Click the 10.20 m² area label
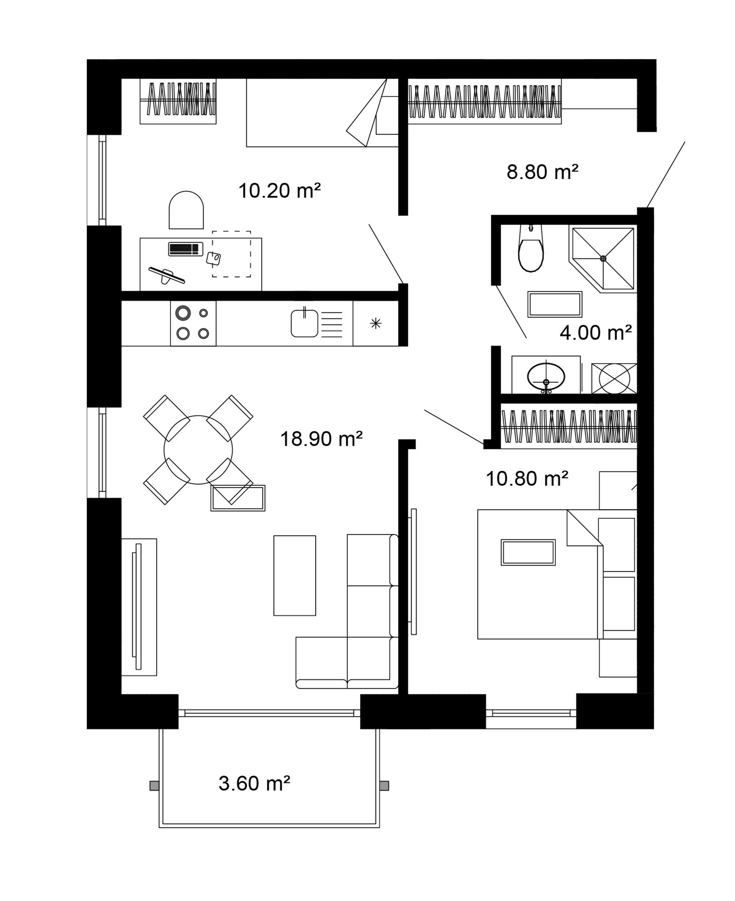point(279,190)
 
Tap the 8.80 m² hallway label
point(542,172)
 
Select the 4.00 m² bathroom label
point(596,332)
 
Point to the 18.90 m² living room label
point(322,439)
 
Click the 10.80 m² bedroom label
point(527,479)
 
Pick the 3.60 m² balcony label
point(254,796)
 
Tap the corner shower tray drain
point(603,258)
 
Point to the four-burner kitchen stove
point(193,323)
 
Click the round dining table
point(198,449)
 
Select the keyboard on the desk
point(186,249)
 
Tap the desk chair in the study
point(186,210)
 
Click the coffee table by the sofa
point(294,575)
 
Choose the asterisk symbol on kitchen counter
point(375,323)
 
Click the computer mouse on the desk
point(213,258)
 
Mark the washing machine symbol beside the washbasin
point(614,378)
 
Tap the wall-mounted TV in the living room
point(137,606)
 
